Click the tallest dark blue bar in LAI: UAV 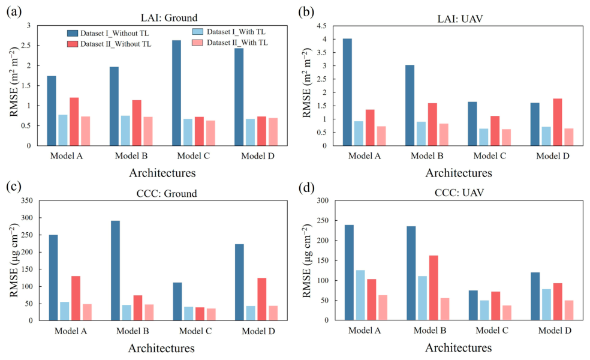pos(347,92)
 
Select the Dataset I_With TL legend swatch pos(197,32)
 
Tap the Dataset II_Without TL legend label pos(116,44)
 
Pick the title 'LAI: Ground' pos(169,18)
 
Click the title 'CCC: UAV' pos(459,193)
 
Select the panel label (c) pos(14,187)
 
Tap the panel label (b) pos(306,12)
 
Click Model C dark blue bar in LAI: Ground pos(176,93)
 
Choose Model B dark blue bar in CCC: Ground pos(116,271)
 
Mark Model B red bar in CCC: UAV pos(434,288)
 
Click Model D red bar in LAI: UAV pos(558,122)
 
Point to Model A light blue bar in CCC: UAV pos(360,295)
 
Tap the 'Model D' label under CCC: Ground pos(258,331)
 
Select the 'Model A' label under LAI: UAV pos(364,156)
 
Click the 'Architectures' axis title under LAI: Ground pos(162,173)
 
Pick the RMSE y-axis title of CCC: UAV pos(308,260)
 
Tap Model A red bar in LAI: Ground pos(74,122)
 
